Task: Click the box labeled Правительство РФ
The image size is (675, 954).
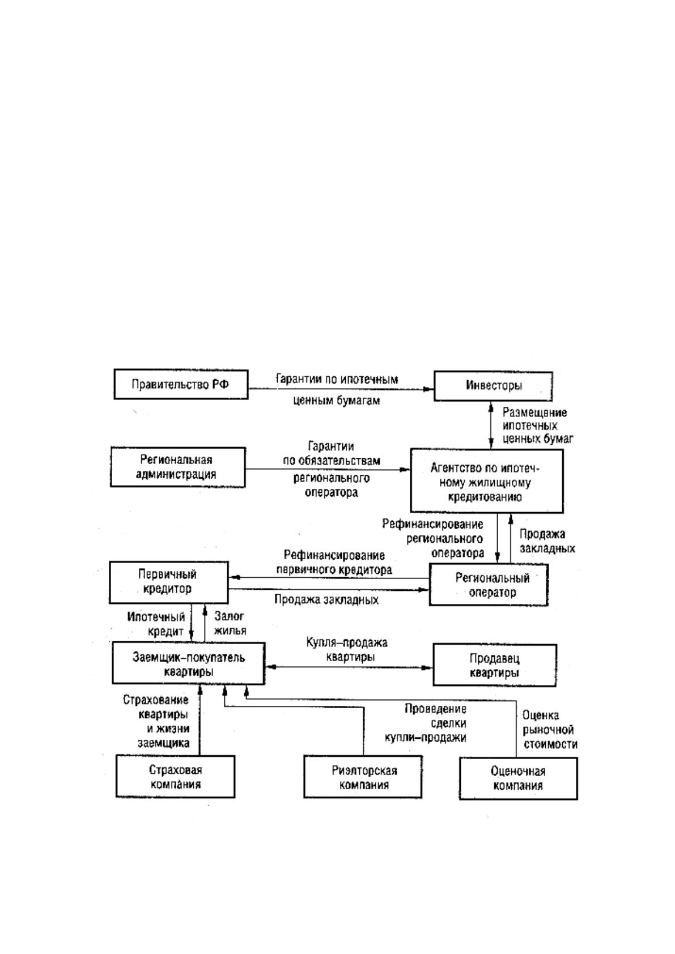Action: point(181,384)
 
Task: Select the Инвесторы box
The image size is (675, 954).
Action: point(493,386)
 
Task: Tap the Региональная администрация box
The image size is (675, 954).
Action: point(178,467)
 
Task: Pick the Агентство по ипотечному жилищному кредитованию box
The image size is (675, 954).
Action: point(487,480)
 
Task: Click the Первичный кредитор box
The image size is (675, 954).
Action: point(169,582)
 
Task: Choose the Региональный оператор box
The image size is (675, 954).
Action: point(489,585)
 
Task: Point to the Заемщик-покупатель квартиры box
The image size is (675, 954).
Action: point(188,663)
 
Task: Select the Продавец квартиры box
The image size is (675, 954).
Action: point(494,665)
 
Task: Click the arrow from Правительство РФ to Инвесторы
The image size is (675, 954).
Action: point(341,389)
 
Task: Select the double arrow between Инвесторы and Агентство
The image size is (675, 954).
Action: point(491,425)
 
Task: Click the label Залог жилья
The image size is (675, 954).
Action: point(230,623)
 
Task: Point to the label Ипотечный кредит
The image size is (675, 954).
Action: point(156,624)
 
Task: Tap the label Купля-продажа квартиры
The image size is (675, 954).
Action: point(347,649)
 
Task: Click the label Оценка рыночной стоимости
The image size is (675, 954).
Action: point(550,730)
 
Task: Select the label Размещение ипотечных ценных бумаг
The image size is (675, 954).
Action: point(538,425)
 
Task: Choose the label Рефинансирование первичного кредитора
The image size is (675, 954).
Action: point(334,562)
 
